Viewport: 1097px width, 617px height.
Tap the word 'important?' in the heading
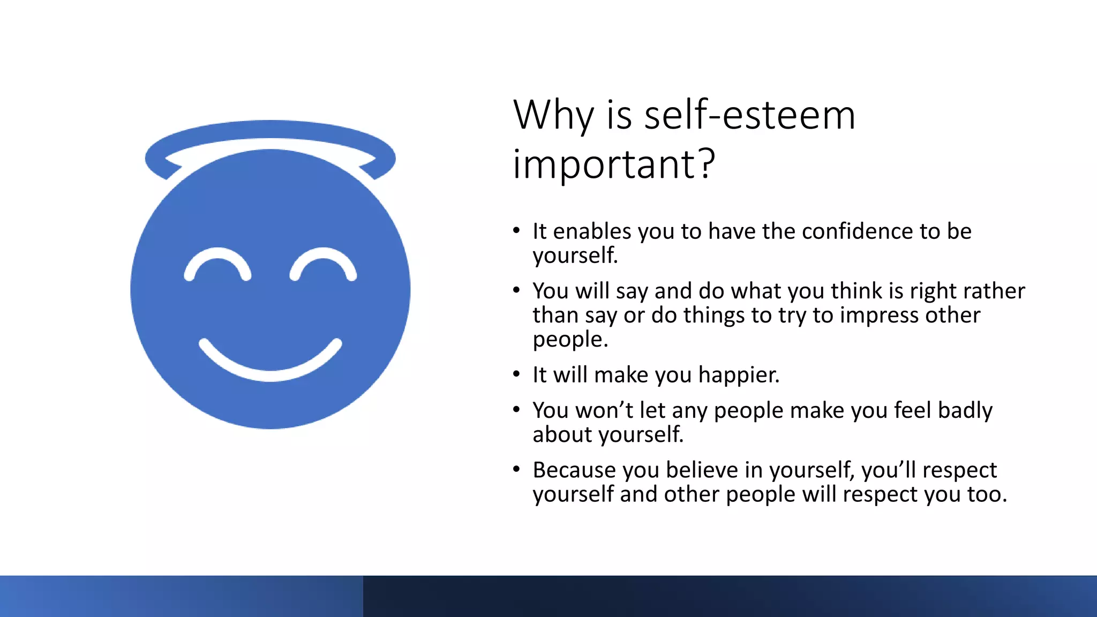(x=613, y=164)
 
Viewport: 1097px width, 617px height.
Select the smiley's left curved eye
(x=217, y=262)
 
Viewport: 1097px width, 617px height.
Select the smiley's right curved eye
(x=323, y=262)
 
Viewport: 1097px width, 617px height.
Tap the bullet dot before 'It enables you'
(x=516, y=231)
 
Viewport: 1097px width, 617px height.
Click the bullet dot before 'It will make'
(x=516, y=374)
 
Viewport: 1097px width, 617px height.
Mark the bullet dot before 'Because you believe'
(x=516, y=470)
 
